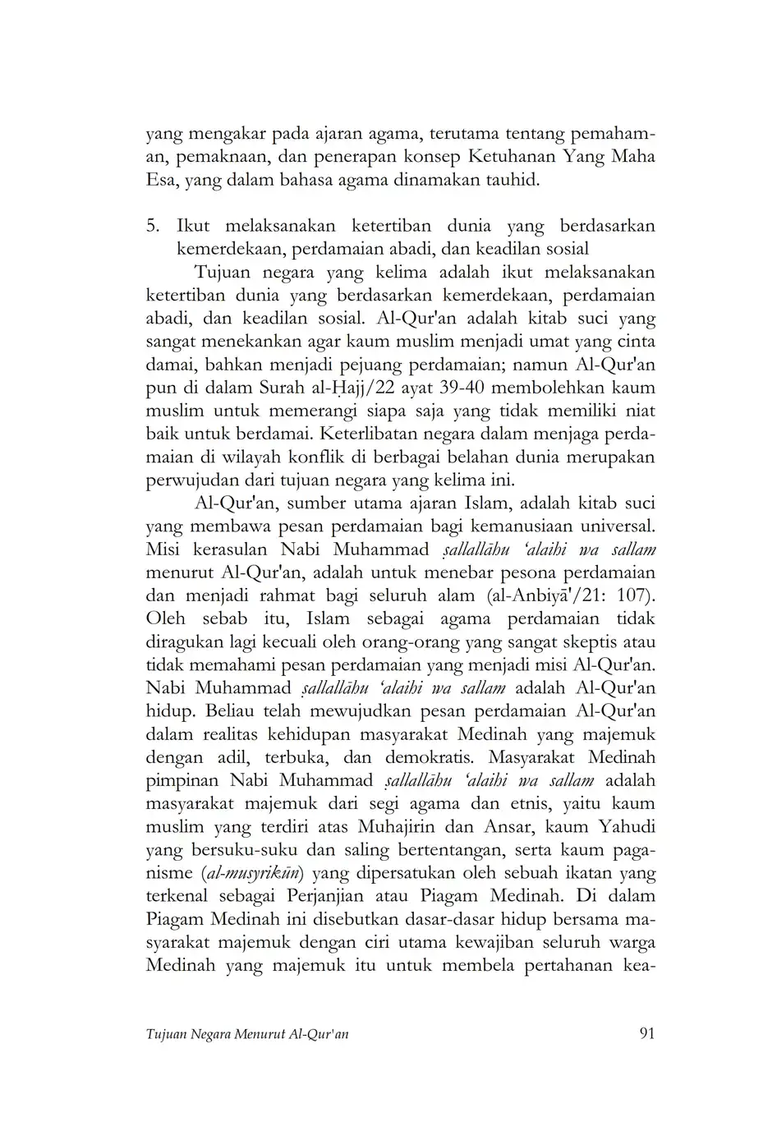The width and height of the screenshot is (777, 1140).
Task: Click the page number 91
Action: coord(646,1033)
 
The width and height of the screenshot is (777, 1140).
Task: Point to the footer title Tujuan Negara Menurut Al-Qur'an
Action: coord(247,1034)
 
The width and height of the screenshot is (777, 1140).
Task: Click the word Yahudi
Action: coord(628,826)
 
